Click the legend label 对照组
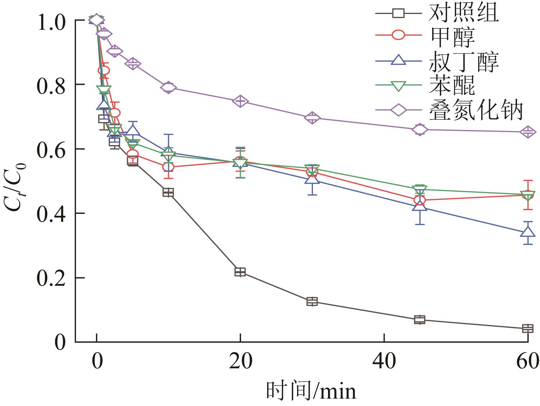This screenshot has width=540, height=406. (463, 14)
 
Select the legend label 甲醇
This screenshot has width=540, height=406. (452, 37)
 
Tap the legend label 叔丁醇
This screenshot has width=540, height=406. (463, 61)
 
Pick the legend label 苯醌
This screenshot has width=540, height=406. (452, 85)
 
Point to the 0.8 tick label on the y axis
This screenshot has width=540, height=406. (51, 85)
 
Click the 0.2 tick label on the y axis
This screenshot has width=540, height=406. (51, 278)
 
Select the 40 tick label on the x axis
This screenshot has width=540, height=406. (384, 361)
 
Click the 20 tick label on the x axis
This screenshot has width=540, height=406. (240, 361)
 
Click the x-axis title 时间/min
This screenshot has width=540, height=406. (311, 391)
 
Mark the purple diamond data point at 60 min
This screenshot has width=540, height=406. (527, 132)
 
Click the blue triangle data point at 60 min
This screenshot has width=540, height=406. (527, 232)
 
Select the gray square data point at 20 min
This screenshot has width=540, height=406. (240, 272)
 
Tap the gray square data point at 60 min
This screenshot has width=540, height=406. (527, 328)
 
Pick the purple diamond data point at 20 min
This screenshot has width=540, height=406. (240, 101)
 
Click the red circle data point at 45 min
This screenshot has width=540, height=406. (420, 200)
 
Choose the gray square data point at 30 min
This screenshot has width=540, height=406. (312, 302)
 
